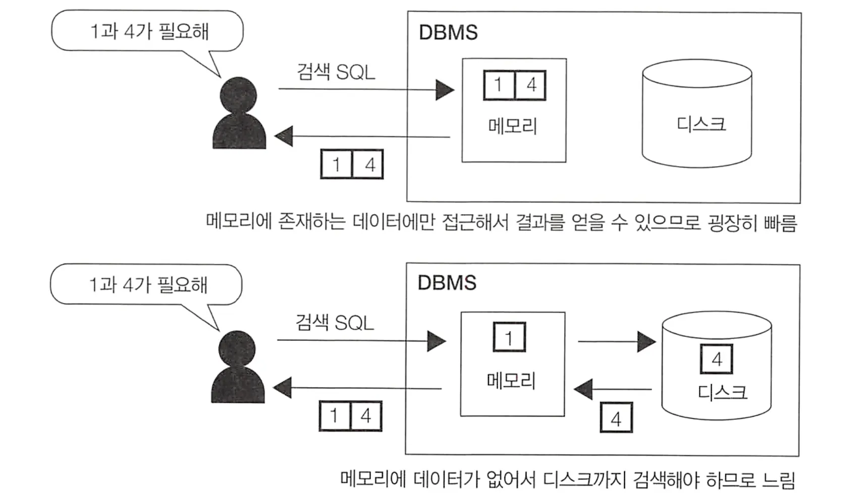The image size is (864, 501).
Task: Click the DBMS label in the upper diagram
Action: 448,33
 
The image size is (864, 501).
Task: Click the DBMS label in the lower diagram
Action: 447,283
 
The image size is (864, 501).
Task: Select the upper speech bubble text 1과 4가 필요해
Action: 149,31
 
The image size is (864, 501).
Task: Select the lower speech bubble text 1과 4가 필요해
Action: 148,285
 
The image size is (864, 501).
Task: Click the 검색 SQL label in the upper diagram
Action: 336,72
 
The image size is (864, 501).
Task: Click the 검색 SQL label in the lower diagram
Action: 335,323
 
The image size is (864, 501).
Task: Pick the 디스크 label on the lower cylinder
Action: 722,392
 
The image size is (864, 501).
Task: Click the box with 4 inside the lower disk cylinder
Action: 717,360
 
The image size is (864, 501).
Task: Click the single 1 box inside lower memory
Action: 509,337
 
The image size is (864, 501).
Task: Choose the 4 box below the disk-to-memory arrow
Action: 616,418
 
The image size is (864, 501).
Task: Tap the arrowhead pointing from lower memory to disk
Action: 646,342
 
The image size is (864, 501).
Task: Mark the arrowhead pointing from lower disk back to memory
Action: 583,389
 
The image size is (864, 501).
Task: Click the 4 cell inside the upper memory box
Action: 530,85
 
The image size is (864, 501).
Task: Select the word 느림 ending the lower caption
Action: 778,479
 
